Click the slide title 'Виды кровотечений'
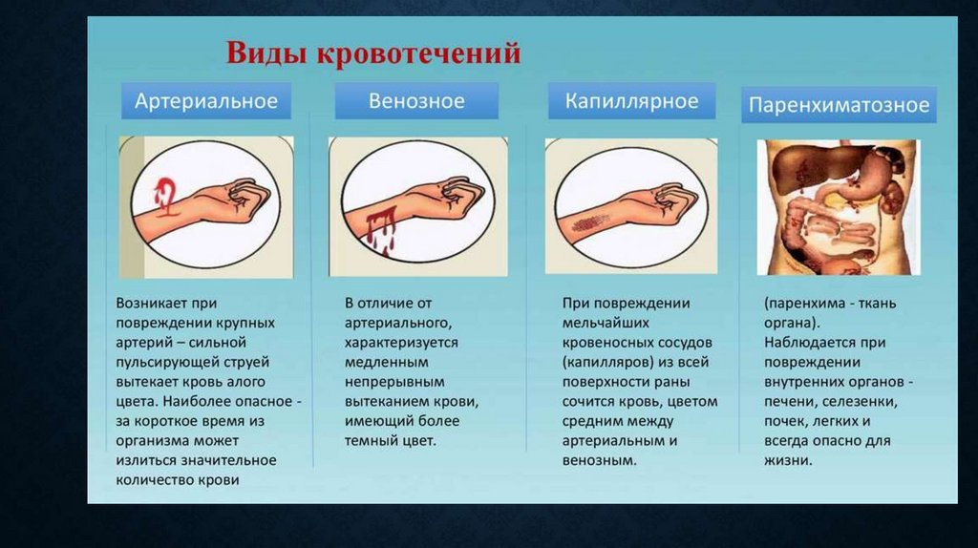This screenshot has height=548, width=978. (373, 53)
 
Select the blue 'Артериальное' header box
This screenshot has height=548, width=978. (206, 101)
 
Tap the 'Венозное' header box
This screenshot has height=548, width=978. (416, 101)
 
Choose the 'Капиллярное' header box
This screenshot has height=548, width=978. (632, 101)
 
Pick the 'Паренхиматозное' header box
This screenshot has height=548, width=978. (839, 105)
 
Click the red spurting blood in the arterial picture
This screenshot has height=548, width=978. (164, 192)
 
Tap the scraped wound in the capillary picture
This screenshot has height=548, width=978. (589, 221)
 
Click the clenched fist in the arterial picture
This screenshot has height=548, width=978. (247, 200)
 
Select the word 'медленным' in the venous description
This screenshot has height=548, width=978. (387, 362)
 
